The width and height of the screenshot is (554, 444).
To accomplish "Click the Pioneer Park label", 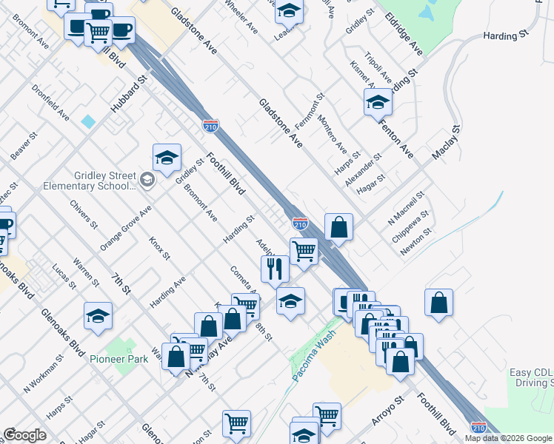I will pyautogui.click(x=119, y=359).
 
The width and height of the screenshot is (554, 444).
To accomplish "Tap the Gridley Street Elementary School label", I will pyautogui.click(x=104, y=181).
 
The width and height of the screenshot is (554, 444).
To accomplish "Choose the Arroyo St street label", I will pyautogui.click(x=387, y=410).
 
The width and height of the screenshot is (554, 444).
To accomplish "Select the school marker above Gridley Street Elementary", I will pyautogui.click(x=167, y=156).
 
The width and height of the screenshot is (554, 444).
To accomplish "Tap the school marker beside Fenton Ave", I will pyautogui.click(x=378, y=101).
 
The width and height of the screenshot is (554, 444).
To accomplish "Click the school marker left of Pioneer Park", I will pyautogui.click(x=98, y=315).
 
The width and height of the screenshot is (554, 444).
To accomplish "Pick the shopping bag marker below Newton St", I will pyautogui.click(x=438, y=302).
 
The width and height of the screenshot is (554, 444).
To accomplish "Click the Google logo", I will pyautogui.click(x=24, y=435).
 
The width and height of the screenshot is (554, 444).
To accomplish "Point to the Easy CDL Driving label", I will pyautogui.click(x=530, y=377).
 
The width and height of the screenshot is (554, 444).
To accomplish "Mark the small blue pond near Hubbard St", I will pyautogui.click(x=89, y=121).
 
